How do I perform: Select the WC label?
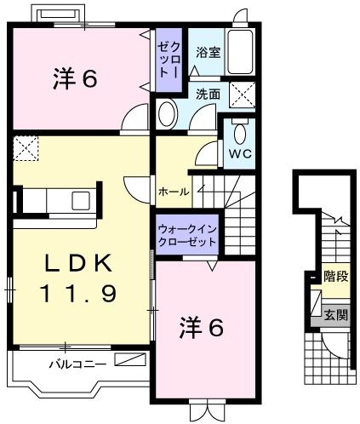(239, 155)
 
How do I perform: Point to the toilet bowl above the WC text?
(240, 133)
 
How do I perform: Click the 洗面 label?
(208, 94)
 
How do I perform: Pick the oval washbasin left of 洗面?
(168, 112)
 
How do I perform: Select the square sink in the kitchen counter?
(81, 201)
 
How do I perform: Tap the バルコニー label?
(77, 364)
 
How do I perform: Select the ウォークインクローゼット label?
(186, 235)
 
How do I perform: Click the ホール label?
(172, 192)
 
